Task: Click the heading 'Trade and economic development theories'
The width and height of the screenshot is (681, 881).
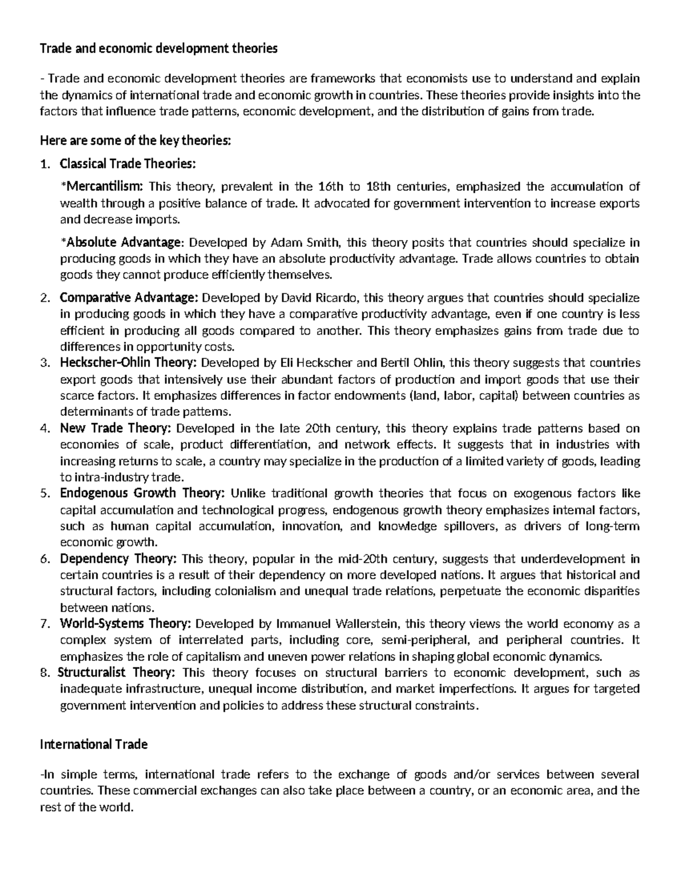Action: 158,49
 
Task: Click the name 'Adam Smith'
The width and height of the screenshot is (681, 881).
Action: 305,243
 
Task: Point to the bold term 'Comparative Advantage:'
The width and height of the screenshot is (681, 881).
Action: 129,298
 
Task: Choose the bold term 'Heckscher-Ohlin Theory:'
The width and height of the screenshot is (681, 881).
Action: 129,363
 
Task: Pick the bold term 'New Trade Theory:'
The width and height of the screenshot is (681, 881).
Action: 116,428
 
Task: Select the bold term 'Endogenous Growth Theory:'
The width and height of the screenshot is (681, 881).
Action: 142,493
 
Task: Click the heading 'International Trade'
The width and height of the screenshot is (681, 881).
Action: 94,744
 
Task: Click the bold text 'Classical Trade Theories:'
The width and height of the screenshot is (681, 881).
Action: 128,164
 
